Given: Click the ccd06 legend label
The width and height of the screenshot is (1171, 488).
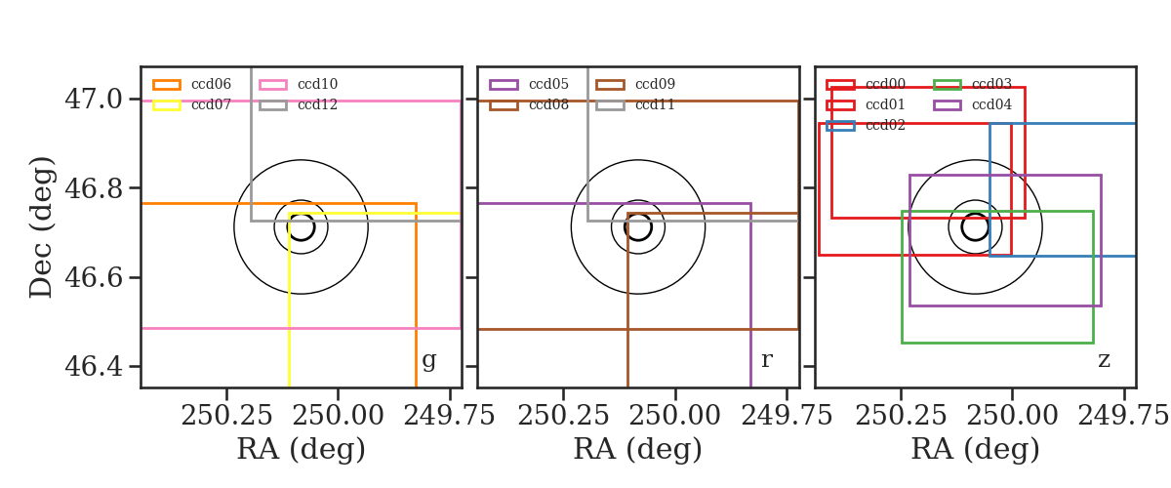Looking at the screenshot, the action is pos(211,84).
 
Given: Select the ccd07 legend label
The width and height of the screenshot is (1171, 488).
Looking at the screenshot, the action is pos(211,104).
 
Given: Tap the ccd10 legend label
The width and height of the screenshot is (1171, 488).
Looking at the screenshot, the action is pos(317,84).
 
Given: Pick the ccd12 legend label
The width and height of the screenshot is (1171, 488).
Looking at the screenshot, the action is pos(317,104).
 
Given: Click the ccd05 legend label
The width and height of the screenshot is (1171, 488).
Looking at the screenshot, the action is pos(548,84).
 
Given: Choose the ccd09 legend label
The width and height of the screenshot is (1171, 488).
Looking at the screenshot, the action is pos(655,84).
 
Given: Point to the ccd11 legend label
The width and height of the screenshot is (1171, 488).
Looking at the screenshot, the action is pos(655,104).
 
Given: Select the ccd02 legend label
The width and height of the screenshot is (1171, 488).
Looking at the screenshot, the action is pos(885,126).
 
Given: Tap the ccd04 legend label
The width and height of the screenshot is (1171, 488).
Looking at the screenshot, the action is pos(991,104).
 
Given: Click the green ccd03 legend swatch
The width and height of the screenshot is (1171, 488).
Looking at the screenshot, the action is pos(948,85).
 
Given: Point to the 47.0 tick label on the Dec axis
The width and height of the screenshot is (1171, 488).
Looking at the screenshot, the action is pos(94,100).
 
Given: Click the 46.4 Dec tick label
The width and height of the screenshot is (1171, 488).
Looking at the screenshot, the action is pos(94,366).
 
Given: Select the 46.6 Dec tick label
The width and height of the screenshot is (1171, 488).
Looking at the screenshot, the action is pos(94,277).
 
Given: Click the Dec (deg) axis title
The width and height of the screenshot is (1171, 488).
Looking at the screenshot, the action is pos(41,227).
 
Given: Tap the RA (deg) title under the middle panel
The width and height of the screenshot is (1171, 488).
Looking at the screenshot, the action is pos(638,449).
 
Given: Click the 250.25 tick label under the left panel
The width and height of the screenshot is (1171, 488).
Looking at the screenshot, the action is pos(226,416).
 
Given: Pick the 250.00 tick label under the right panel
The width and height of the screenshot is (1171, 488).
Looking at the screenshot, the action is pos(1012,416).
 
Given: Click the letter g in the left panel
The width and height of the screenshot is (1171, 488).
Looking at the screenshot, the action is pos(428,360).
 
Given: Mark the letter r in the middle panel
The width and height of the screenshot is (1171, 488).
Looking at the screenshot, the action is pos(766,359).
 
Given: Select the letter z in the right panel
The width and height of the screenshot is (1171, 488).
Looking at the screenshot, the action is pos(1104,360).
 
